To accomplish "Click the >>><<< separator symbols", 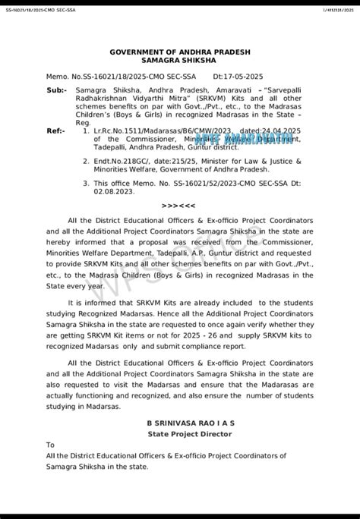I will coord(179,206).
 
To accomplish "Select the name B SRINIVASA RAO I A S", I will coord(179,422).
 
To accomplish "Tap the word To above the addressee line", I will coord(50,445).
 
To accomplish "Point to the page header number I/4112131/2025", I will coord(335,9).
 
